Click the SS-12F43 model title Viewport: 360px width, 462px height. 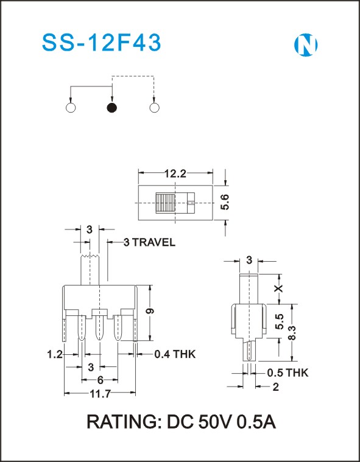tap(102, 43)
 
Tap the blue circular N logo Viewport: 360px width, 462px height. tap(306, 45)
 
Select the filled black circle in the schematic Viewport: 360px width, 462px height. tap(111, 108)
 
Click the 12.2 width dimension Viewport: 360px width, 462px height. tap(175, 174)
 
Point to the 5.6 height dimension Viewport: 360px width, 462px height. tap(225, 202)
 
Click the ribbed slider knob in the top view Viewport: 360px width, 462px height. tap(166, 203)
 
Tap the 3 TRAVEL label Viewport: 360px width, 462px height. tap(149, 242)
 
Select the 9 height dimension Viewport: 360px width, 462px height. tap(150, 311)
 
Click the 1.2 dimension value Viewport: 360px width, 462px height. tap(55, 354)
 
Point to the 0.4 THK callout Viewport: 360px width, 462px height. tap(175, 354)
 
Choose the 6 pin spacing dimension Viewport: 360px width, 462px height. tap(101, 380)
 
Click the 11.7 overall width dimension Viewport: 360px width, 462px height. tap(100, 393)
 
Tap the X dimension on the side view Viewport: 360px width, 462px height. tap(278, 289)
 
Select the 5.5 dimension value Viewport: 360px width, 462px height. tap(280, 321)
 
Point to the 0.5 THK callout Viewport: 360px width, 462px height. tap(288, 373)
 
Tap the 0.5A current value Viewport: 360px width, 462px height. tap(257, 422)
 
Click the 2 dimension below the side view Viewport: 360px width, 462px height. tap(276, 387)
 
